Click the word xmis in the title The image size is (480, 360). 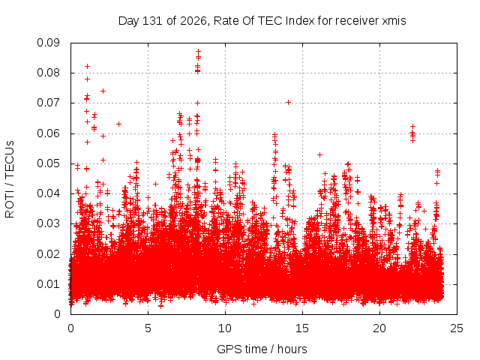click(394, 21)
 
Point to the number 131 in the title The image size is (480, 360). click(152, 21)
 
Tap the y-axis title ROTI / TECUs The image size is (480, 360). click(10, 179)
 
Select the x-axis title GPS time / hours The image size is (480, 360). click(262, 349)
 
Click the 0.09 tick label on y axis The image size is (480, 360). click(48, 43)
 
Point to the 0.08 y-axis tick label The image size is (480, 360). click(48, 73)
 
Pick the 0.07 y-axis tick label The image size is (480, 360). click(48, 103)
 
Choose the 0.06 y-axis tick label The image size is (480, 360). click(48, 133)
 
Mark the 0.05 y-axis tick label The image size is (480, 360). click(48, 163)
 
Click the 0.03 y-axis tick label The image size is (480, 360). click(48, 223)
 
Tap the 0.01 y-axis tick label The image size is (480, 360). click(48, 284)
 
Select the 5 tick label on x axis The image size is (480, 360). click(148, 328)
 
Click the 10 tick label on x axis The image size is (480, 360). click(225, 328)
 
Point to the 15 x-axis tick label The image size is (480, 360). click(302, 328)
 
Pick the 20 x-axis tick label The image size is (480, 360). click(379, 328)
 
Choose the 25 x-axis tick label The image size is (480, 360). click(457, 328)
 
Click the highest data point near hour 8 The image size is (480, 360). click(198, 51)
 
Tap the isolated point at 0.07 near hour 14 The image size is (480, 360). click(288, 102)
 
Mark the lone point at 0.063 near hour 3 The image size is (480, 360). click(118, 124)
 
